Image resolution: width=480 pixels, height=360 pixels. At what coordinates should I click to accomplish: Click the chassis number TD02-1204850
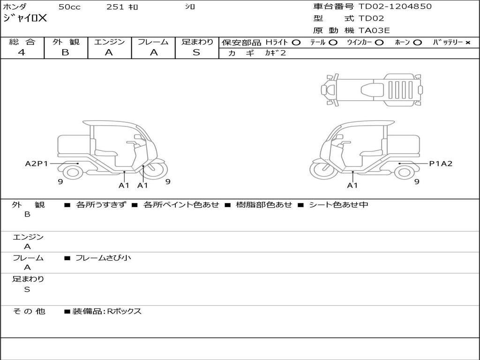(x=395, y=7)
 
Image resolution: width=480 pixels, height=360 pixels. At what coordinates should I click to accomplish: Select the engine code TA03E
(x=374, y=31)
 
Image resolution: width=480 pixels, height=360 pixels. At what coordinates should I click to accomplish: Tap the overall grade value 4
(x=22, y=52)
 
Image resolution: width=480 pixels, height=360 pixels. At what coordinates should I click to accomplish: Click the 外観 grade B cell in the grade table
(x=65, y=52)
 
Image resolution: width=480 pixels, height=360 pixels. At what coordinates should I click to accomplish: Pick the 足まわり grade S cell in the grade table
(x=196, y=52)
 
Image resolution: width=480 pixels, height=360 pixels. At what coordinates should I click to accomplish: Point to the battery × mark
(x=467, y=43)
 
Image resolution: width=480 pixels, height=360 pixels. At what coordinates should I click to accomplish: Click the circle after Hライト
(x=296, y=43)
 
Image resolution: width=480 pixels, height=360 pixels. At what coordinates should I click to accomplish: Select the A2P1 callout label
(x=37, y=164)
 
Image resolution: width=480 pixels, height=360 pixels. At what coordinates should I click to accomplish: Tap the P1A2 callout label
(x=441, y=164)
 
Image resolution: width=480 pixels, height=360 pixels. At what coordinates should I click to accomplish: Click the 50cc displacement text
(x=68, y=7)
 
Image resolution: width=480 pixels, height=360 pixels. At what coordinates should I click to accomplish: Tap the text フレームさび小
(x=103, y=258)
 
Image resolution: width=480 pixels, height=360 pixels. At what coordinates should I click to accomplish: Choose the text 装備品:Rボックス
(x=107, y=311)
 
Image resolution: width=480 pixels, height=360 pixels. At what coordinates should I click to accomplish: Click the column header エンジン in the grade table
(x=109, y=42)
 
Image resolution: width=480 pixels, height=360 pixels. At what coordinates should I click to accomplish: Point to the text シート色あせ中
(x=338, y=205)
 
